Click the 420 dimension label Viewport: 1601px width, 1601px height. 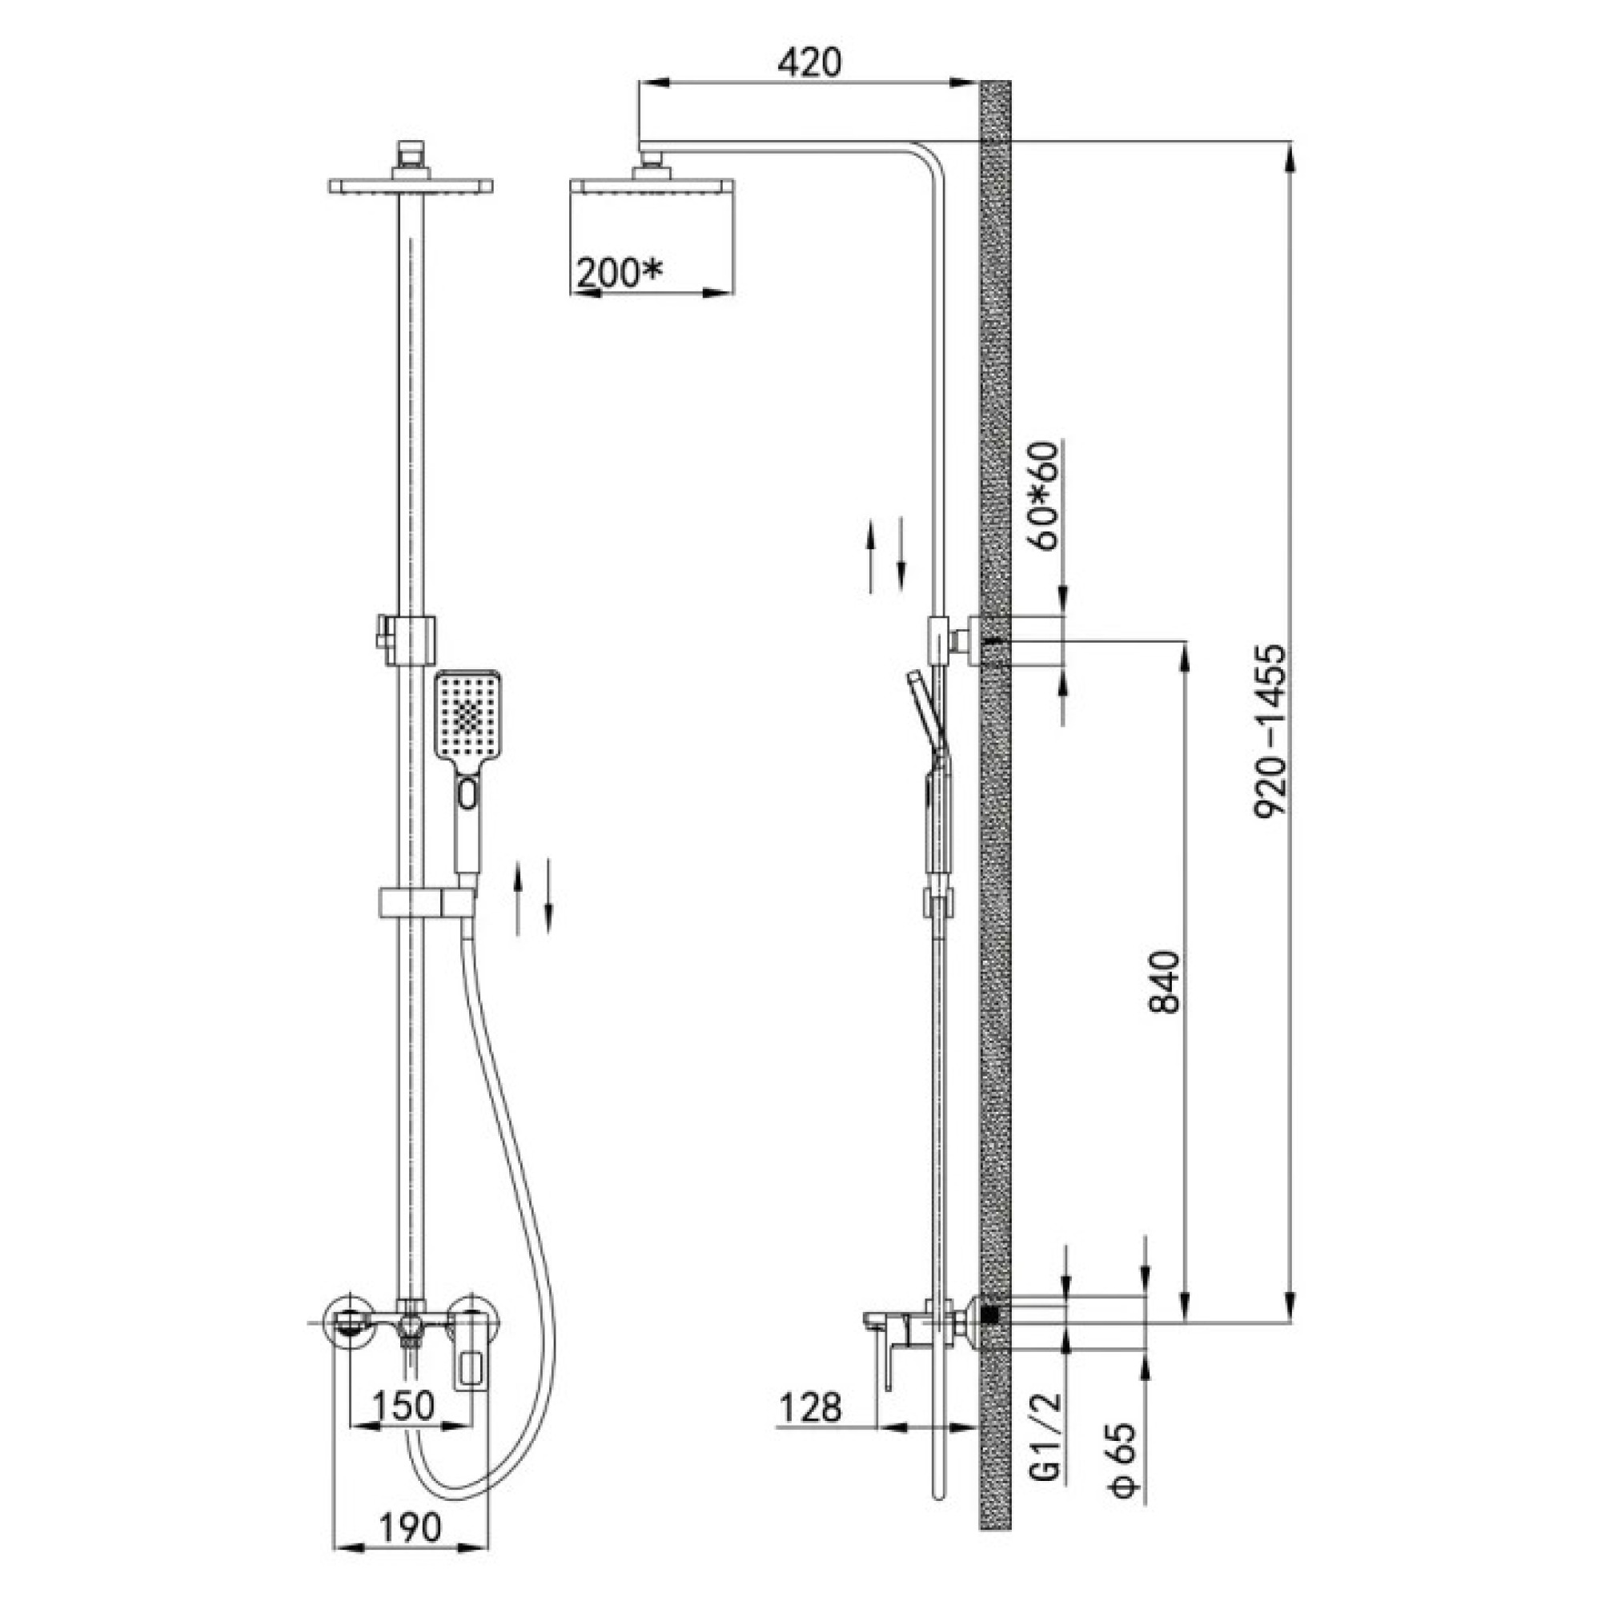coord(809,62)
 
